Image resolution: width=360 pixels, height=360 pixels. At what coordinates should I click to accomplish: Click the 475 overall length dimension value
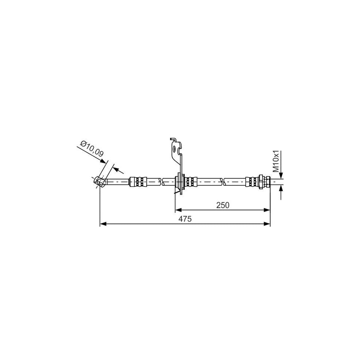click(185, 219)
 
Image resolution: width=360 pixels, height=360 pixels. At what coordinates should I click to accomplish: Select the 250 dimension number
click(223, 205)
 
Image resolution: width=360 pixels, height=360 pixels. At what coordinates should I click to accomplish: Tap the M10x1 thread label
click(276, 162)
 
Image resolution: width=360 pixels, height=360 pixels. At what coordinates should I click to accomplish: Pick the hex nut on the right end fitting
click(261, 182)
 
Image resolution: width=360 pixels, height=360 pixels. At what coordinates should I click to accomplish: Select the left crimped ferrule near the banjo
click(138, 182)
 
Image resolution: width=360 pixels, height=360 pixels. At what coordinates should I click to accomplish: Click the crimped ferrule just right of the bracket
click(191, 182)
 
